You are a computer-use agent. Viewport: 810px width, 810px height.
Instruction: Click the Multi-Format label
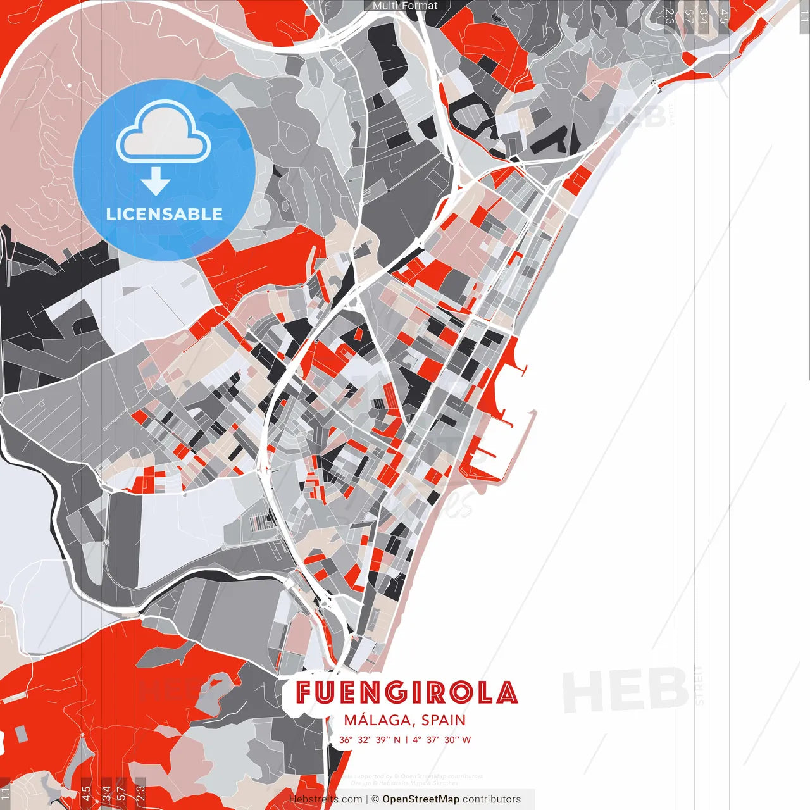point(405,6)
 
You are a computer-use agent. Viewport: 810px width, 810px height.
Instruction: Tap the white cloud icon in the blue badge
point(164,134)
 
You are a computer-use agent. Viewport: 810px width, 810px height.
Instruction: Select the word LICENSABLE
point(165,214)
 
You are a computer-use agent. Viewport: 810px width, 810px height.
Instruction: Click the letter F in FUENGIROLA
point(306,693)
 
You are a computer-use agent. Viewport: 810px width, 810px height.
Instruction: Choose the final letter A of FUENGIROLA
point(506,693)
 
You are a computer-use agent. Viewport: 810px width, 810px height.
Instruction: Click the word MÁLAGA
point(377,720)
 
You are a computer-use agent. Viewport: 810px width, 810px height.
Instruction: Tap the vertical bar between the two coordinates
point(406,740)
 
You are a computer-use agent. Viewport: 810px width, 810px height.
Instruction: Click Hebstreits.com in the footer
point(325,799)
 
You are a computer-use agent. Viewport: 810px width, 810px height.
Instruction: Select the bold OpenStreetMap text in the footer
point(421,799)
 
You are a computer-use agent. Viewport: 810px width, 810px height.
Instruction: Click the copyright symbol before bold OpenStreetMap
point(375,799)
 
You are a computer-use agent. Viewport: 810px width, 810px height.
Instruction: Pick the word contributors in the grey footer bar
point(492,799)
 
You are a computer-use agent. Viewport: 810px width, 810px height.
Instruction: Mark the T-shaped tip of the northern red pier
point(523,368)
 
